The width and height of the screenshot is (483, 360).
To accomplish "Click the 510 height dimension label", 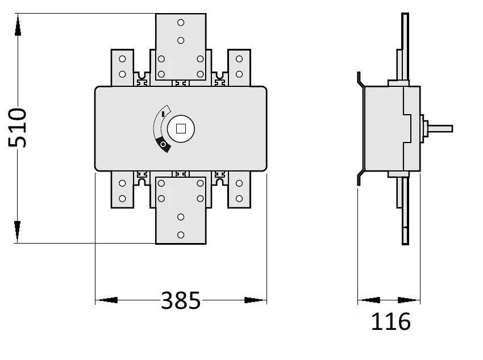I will (x=18, y=128).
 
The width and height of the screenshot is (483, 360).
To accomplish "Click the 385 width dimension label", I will (x=181, y=300).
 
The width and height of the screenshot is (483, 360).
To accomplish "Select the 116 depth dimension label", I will (x=390, y=322).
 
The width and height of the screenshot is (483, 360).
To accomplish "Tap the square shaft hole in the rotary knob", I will (x=181, y=128).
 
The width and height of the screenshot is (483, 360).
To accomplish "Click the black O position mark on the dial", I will (x=164, y=146).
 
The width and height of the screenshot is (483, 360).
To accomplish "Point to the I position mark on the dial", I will (x=164, y=114).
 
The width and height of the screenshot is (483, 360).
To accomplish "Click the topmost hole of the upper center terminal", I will (x=181, y=23).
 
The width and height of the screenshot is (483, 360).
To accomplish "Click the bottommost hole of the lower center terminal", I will (x=181, y=235).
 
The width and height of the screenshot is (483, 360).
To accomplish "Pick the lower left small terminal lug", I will (x=122, y=191).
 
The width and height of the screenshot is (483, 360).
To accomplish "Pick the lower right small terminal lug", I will (x=239, y=191).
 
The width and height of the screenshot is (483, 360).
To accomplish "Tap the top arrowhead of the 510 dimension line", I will (x=18, y=26).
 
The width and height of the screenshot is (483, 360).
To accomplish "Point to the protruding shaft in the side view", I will (x=440, y=128).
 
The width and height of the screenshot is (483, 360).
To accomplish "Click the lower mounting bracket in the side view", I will (x=360, y=177).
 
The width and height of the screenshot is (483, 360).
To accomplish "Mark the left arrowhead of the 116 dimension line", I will (x=369, y=300).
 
